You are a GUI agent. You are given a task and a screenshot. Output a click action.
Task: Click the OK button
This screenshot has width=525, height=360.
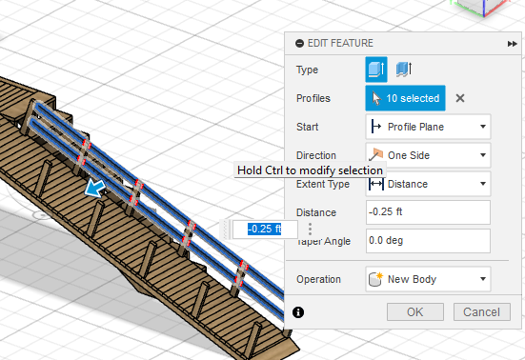[x=415, y=311]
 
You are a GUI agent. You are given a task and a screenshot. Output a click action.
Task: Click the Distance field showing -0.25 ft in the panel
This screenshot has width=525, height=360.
[x=428, y=212]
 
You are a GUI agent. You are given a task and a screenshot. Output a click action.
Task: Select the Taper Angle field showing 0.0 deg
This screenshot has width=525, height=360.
[x=428, y=241]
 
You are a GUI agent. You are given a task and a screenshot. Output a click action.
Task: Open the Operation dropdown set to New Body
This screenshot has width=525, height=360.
[x=428, y=279]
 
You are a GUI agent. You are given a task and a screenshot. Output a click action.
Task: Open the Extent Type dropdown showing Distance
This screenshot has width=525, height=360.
[x=428, y=184]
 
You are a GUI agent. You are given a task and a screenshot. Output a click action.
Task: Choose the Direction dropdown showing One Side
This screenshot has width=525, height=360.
[x=428, y=155]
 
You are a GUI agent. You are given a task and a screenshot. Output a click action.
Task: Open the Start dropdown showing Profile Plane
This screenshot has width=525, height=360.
[x=428, y=127]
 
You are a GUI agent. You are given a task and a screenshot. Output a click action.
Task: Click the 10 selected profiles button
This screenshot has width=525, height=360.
[x=405, y=98]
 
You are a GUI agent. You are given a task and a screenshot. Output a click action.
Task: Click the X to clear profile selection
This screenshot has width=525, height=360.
[x=460, y=98]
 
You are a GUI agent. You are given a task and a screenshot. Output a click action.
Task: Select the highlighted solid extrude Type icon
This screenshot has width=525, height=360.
[x=376, y=70]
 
